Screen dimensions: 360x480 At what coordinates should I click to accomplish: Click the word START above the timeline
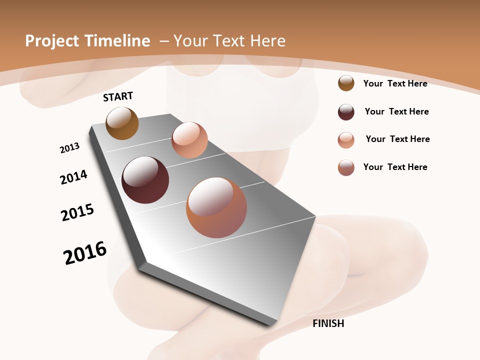point(118,96)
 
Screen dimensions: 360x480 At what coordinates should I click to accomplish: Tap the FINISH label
point(328,323)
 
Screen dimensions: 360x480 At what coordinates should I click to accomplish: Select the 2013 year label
point(70,148)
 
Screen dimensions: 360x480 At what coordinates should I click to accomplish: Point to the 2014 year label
point(74,177)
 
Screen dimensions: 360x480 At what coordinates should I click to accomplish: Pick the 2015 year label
point(77,212)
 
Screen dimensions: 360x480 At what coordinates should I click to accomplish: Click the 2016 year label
point(85,253)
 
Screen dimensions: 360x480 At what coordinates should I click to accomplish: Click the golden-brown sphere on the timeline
point(122,123)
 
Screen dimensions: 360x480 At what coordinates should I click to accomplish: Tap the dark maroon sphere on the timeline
point(145,180)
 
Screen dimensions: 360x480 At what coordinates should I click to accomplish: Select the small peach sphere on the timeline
point(189,140)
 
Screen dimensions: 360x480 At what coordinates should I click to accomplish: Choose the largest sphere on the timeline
point(216,207)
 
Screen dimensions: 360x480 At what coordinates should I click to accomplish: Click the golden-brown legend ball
point(346,83)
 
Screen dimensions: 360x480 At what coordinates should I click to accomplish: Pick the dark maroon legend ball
point(346,112)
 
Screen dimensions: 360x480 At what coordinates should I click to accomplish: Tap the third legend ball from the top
point(346,140)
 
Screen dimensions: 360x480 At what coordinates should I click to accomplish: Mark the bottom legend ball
point(346,167)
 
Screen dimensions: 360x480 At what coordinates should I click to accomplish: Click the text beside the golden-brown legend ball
point(395,83)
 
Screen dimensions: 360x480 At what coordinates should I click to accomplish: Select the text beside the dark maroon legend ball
point(396,111)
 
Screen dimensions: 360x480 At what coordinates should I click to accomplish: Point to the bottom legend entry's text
point(395,167)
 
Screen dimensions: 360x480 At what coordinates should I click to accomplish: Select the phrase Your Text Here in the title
point(229,41)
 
